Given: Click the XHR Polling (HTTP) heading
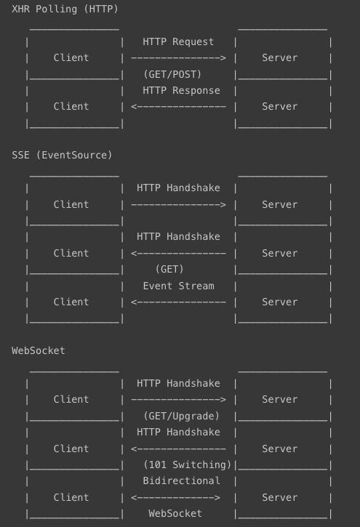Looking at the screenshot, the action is point(65,9).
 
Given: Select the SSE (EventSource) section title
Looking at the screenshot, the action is point(62,155).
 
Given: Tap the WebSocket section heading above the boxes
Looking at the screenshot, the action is point(39,350).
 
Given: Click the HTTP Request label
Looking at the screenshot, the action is point(178,41).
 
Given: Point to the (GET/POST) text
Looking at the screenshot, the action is point(172,74).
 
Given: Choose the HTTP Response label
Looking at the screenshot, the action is point(181,90).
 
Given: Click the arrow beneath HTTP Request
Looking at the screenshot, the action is point(178,58).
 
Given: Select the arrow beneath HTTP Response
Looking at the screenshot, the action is point(178,107).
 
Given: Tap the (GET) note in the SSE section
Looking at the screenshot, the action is point(169,269).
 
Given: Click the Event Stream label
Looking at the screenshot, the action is point(178,286).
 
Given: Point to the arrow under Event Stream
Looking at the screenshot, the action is point(178,302).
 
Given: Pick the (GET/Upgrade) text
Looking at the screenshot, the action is point(181,416).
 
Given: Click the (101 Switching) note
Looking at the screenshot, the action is point(187,464).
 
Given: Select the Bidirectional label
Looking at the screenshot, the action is point(182,480).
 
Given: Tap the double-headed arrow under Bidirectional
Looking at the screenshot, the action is point(175,497).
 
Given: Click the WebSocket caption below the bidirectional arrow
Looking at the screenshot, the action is point(175,513).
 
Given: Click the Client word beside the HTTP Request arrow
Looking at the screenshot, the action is point(71,57).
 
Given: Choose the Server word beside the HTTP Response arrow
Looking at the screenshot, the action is point(280,107).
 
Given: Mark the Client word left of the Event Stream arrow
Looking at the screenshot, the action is point(71,302).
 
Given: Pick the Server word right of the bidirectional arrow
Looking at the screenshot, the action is point(280,497).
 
